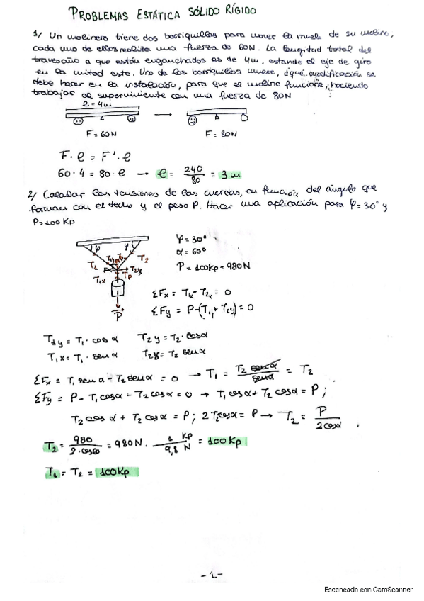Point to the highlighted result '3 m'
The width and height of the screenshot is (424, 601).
click(x=229, y=172)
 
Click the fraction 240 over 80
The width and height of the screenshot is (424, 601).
click(x=193, y=172)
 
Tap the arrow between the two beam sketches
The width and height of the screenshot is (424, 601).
click(x=164, y=114)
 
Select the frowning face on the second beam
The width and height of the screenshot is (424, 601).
click(x=192, y=120)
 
